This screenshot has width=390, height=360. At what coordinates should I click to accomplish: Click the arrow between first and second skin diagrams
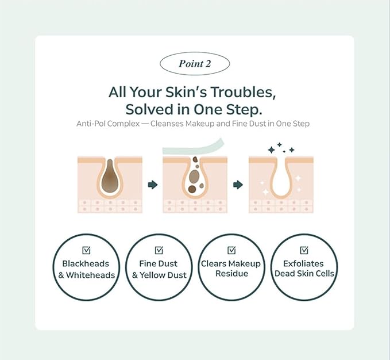(153, 185)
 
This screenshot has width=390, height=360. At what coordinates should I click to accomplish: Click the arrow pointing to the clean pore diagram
(238, 185)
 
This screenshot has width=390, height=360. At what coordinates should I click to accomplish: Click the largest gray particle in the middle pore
(194, 177)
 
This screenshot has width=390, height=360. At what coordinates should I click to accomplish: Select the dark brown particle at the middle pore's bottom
(192, 189)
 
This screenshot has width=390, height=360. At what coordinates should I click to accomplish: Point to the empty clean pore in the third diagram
(281, 178)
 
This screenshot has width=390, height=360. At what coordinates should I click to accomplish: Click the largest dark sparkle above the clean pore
(271, 150)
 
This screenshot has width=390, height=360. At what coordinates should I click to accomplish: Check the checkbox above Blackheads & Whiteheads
(86, 250)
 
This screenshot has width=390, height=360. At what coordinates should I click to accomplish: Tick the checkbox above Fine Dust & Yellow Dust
(159, 250)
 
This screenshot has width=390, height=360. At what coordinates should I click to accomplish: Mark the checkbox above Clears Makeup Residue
(231, 250)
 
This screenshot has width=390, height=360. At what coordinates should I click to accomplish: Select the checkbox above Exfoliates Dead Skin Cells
(304, 250)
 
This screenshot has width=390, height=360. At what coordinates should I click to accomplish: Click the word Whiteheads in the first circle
(91, 275)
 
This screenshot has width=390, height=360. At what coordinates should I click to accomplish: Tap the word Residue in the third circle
(232, 273)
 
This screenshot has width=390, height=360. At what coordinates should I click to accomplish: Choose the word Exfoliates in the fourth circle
(303, 263)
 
